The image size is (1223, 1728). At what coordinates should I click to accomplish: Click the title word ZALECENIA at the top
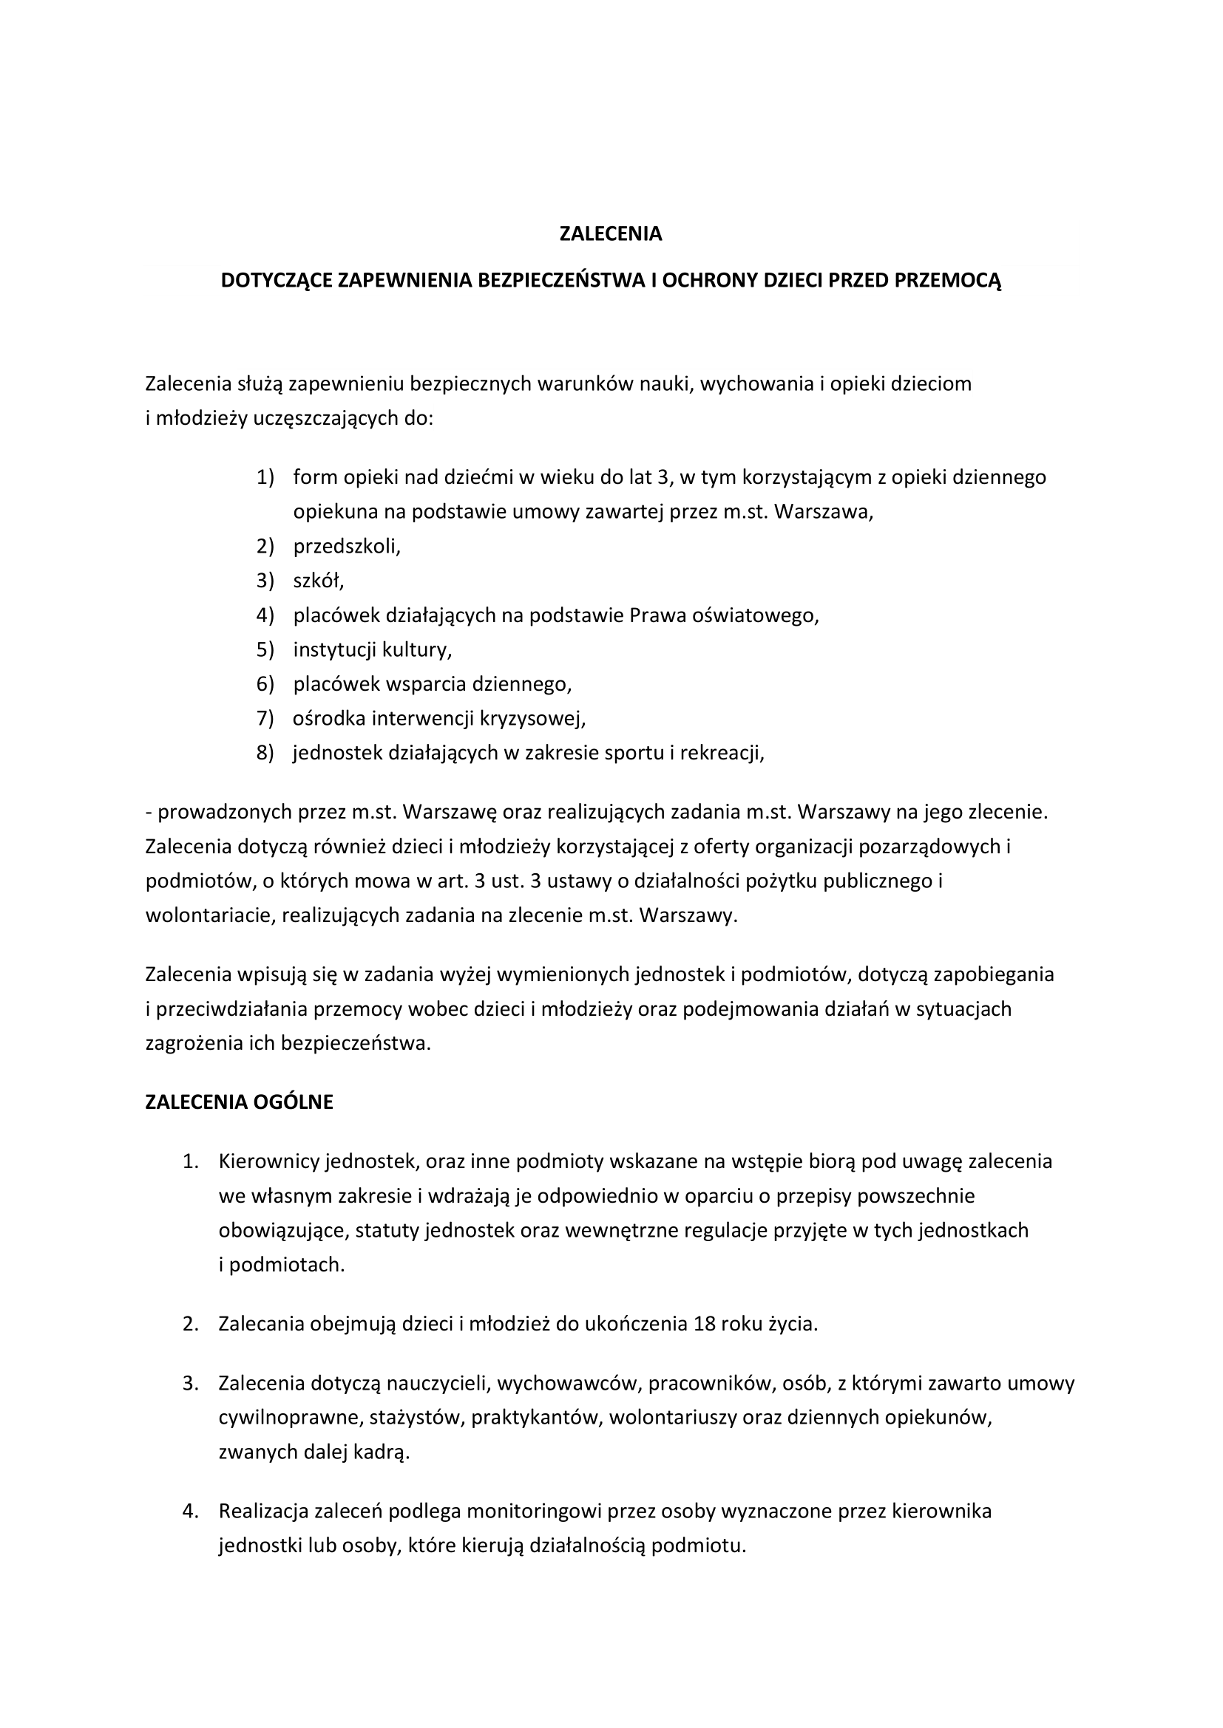click(611, 234)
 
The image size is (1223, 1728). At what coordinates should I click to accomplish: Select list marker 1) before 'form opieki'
click(265, 477)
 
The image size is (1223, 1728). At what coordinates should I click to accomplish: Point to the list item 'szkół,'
click(319, 581)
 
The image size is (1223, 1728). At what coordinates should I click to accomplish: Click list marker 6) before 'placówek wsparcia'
click(265, 684)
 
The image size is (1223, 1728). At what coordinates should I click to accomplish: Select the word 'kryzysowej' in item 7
click(535, 719)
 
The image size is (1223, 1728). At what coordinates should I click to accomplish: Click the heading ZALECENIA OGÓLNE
click(239, 1102)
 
